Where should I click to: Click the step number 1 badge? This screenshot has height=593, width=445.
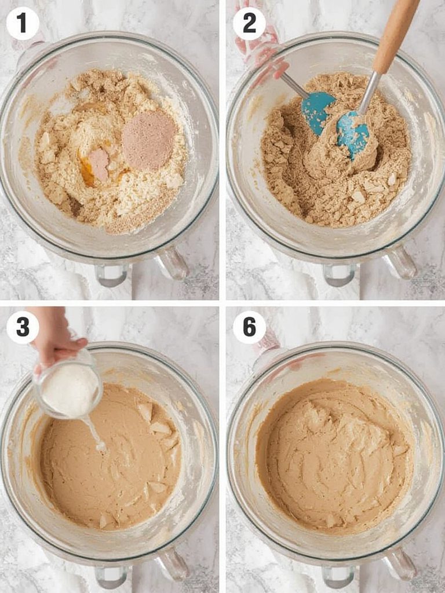click(23, 24)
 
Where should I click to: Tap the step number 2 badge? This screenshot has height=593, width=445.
click(249, 24)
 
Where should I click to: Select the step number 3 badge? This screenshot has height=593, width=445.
click(23, 327)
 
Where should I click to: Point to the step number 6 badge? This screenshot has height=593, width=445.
click(249, 327)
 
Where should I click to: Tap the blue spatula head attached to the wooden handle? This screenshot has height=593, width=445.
click(353, 134)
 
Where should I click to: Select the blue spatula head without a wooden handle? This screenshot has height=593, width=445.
click(318, 110)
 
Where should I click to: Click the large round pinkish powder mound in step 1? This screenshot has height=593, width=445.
click(149, 140)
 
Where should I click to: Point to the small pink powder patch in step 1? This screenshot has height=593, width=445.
click(99, 164)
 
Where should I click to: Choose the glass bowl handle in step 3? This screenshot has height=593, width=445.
click(173, 565)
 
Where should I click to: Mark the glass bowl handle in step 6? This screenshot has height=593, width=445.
click(400, 565)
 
